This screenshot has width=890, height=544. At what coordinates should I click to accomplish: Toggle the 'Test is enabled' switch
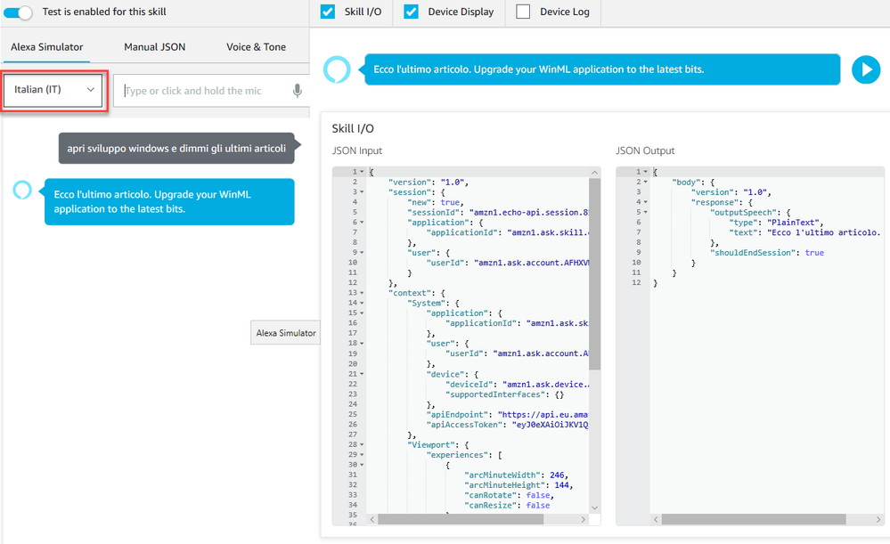pyautogui.click(x=18, y=12)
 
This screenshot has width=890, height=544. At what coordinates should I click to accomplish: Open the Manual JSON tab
pyautogui.click(x=154, y=47)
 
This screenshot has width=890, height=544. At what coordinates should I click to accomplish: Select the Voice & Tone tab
pyautogui.click(x=256, y=47)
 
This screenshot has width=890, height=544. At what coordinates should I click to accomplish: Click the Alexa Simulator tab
pyautogui.click(x=47, y=47)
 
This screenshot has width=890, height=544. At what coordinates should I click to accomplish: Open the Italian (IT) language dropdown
pyautogui.click(x=53, y=90)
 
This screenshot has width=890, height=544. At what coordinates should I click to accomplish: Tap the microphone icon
pyautogui.click(x=297, y=91)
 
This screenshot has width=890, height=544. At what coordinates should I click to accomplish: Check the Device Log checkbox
pyautogui.click(x=523, y=12)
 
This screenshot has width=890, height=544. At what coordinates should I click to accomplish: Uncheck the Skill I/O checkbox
pyautogui.click(x=328, y=12)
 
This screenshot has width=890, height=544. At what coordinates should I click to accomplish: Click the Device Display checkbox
pyautogui.click(x=411, y=12)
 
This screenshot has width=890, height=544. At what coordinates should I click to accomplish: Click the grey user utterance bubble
pyautogui.click(x=176, y=148)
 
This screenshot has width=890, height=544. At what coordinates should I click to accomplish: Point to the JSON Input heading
pyautogui.click(x=357, y=150)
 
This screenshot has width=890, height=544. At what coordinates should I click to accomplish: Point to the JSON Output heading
pyautogui.click(x=645, y=150)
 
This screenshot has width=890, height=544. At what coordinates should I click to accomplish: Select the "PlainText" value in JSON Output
pyautogui.click(x=793, y=223)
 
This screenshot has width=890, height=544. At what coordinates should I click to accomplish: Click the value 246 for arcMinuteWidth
pyautogui.click(x=557, y=475)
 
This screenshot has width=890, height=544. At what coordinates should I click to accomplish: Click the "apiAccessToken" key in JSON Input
pyautogui.click(x=464, y=425)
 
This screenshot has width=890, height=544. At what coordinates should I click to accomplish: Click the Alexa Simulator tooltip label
pyautogui.click(x=285, y=333)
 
